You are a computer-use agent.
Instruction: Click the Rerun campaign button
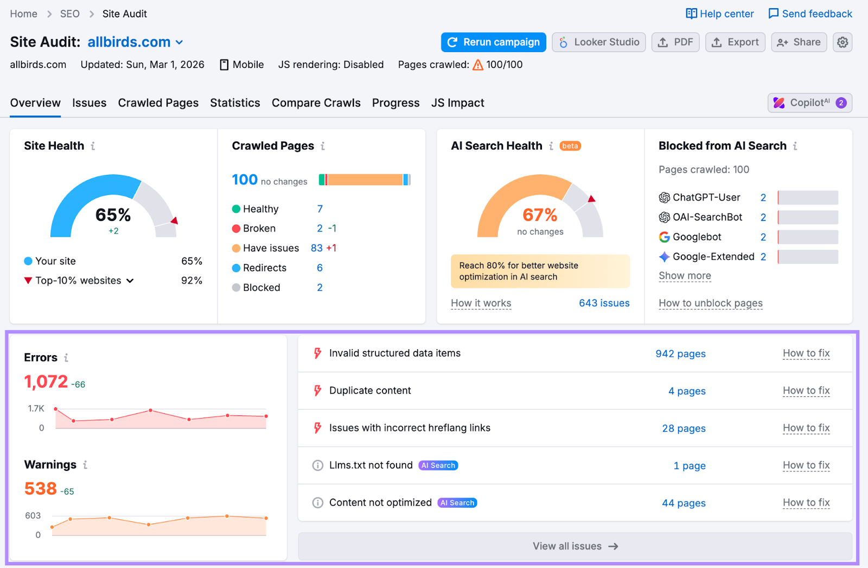(493, 42)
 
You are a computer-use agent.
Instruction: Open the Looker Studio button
(598, 42)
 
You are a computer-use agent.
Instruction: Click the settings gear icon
(842, 42)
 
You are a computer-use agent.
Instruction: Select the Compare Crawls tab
(316, 103)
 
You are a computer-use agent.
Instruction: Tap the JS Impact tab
(457, 103)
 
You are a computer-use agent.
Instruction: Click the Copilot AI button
(809, 103)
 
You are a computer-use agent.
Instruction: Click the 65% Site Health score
(113, 215)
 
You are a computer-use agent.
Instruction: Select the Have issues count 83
(317, 248)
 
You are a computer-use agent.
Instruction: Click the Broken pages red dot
(236, 229)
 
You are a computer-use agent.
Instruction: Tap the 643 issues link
(604, 303)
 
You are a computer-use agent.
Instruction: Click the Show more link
(685, 276)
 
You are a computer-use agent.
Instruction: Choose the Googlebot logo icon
(664, 237)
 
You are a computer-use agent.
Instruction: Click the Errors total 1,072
(46, 382)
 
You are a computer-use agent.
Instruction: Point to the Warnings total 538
(41, 489)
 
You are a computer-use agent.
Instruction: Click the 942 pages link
(680, 354)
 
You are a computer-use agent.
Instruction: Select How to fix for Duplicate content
(806, 391)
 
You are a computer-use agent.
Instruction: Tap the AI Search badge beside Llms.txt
(438, 465)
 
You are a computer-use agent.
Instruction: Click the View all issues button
(575, 546)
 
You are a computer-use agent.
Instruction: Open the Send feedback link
(810, 14)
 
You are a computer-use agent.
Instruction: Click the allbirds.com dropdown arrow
(180, 42)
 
